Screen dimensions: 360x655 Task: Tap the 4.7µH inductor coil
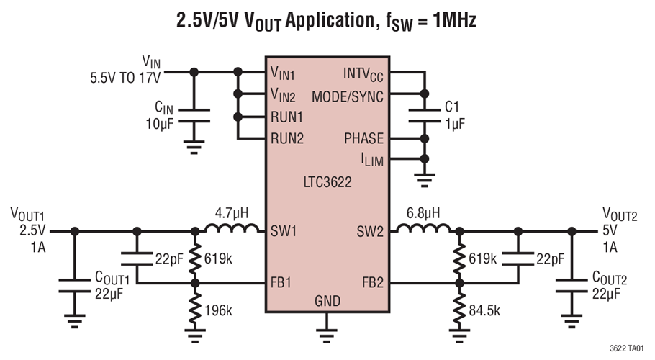(x=232, y=230)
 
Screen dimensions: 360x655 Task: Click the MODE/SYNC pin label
(x=348, y=96)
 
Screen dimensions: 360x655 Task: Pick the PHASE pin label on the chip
(x=363, y=138)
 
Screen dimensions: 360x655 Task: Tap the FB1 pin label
(x=284, y=283)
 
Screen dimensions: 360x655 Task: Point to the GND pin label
(x=327, y=301)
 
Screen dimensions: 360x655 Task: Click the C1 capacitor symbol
(x=423, y=114)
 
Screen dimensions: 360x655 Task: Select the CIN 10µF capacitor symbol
(x=193, y=114)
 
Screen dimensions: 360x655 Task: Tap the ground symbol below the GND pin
(x=327, y=330)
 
